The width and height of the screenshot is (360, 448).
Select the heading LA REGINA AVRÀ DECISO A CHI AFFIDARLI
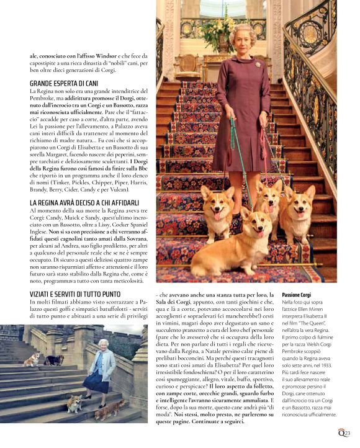84,203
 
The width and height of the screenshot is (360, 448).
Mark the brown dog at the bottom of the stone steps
114,408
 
